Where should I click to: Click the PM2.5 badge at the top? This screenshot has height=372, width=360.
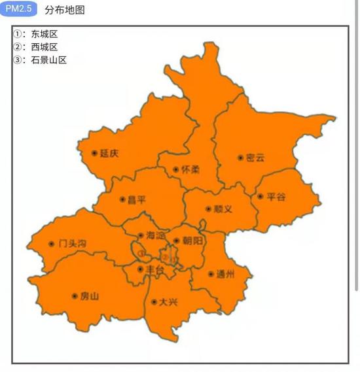point(18,9)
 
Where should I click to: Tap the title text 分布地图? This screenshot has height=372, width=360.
point(65,10)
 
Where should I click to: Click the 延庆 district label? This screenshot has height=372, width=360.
point(110,154)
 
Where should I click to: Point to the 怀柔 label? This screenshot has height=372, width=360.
point(190,169)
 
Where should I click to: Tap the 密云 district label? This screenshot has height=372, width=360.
point(255,158)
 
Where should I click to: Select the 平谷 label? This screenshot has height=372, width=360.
point(276,196)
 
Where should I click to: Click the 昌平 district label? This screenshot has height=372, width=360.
point(137,200)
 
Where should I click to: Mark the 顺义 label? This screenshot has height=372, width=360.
point(223,209)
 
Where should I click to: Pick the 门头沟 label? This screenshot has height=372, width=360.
point(72,244)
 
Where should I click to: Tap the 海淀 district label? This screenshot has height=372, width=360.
point(155,235)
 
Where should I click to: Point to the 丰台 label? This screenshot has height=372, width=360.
point(155,269)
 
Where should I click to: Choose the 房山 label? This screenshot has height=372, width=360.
point(90,296)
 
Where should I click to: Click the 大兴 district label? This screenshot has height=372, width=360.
point(169,302)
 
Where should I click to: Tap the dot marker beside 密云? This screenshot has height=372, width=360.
point(241,158)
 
